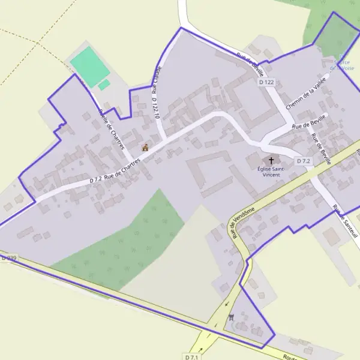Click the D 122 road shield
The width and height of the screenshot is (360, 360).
tap(266, 82)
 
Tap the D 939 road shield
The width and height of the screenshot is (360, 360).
tap(8, 257)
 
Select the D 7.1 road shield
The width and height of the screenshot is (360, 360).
tap(192, 356)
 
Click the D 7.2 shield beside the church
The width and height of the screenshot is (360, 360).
tap(303, 161)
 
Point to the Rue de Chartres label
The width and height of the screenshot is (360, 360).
tap(122, 169)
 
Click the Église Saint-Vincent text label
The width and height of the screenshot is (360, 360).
tap(271, 171)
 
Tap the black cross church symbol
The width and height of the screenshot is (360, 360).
tap(271, 161)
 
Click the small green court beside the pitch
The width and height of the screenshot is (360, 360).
tap(104, 85)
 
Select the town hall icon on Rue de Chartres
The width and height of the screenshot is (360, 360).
tap(145, 147)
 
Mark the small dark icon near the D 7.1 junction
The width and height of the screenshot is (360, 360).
tap(231, 316)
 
